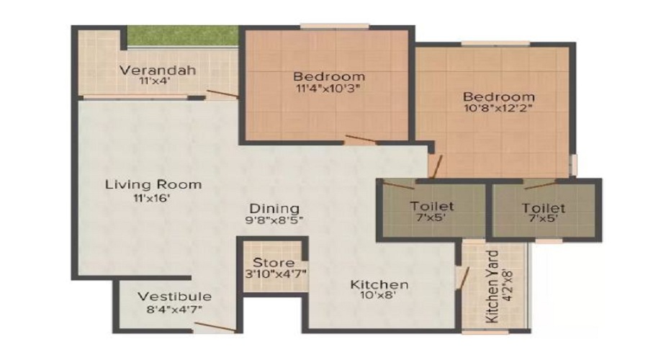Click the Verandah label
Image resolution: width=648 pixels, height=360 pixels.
(x=158, y=70)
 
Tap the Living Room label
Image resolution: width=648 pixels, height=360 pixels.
(x=153, y=184)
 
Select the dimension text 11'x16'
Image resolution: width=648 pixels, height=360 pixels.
(x=152, y=199)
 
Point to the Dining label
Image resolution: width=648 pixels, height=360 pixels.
(x=274, y=208)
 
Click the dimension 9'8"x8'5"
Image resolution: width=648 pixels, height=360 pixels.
(x=274, y=220)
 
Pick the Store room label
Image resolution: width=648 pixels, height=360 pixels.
(x=274, y=263)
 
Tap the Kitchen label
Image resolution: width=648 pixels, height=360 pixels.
(x=379, y=284)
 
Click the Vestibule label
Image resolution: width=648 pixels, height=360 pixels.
(x=174, y=297)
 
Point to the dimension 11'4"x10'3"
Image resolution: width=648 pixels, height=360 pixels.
(x=328, y=88)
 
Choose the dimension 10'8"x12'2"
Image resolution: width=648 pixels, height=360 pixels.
(x=498, y=108)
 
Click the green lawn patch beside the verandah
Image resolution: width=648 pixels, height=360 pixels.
(x=182, y=37)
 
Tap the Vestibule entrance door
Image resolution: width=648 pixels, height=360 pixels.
(x=215, y=327)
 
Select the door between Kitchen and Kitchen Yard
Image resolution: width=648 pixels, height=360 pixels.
(x=463, y=278)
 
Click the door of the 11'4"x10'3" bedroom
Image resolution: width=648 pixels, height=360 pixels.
(x=361, y=138)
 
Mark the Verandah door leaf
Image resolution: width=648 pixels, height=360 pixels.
(x=222, y=94)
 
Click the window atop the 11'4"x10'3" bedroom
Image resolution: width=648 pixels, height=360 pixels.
(x=334, y=27)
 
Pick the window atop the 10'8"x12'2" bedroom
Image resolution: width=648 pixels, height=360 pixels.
(x=495, y=43)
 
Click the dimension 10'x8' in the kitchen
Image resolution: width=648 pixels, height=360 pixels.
(x=379, y=295)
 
